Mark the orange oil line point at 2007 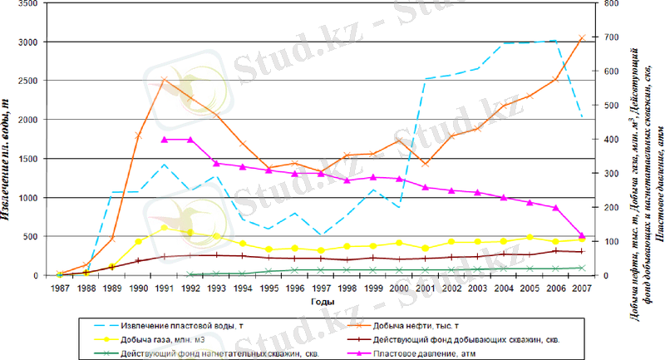pyautogui.click(x=582, y=37)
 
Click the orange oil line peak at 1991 pyautogui.click(x=164, y=80)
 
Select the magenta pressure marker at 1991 pyautogui.click(x=164, y=140)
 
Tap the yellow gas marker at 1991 pyautogui.click(x=164, y=228)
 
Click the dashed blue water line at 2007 pyautogui.click(x=582, y=117)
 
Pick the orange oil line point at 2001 pyautogui.click(x=426, y=164)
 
